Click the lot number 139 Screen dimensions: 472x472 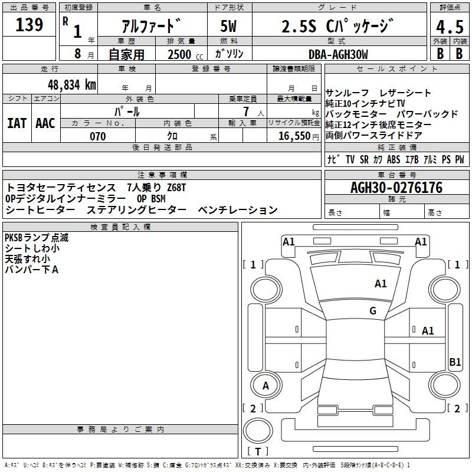(x=29, y=25)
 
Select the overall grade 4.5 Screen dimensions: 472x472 (x=450, y=27)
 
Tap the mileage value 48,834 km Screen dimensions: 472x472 (x=71, y=85)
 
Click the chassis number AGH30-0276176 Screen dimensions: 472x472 (x=396, y=188)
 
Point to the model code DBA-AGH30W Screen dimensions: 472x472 (x=338, y=54)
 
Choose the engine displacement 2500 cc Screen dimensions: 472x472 (x=185, y=55)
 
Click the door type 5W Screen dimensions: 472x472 (x=228, y=26)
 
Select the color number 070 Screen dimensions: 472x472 (x=97, y=136)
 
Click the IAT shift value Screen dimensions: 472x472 (x=17, y=123)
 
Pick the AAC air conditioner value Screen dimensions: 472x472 (x=45, y=123)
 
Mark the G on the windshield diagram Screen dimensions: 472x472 (x=373, y=311)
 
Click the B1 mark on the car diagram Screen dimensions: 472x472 (x=455, y=362)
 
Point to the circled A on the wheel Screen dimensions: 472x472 (x=265, y=386)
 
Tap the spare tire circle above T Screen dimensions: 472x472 (x=258, y=431)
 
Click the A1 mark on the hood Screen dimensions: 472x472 (x=381, y=284)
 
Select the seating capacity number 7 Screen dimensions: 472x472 (x=246, y=112)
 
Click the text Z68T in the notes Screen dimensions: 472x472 (x=176, y=188)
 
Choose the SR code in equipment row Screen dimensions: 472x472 (x=364, y=159)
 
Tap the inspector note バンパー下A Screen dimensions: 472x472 (x=32, y=270)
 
